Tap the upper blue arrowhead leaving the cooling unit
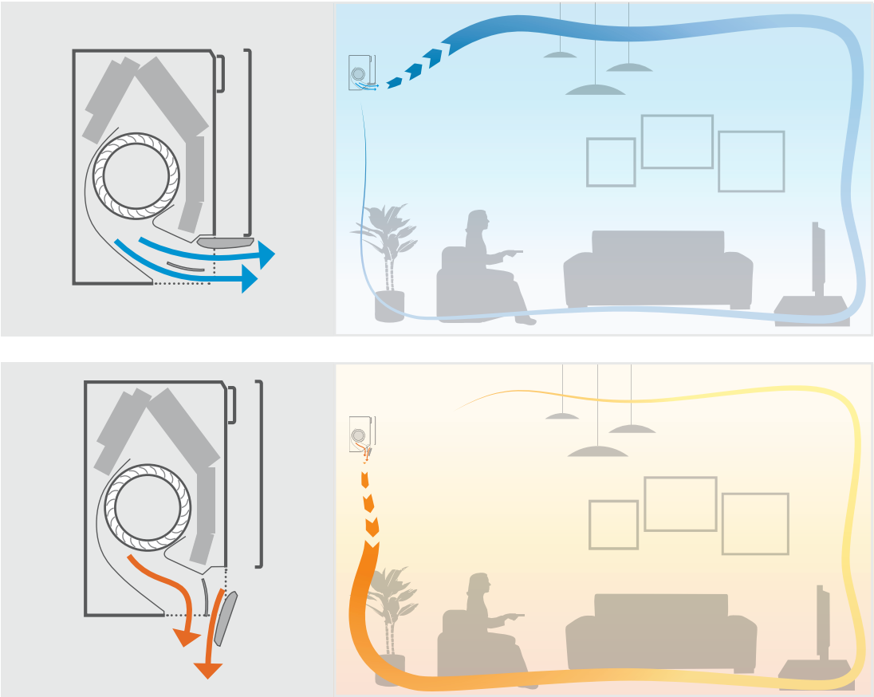(x=266, y=255)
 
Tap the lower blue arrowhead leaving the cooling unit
(x=249, y=279)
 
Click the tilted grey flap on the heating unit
(x=226, y=617)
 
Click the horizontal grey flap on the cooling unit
(x=225, y=242)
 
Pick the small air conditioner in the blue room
(x=363, y=73)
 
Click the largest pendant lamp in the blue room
(x=596, y=89)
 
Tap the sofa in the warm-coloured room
(x=660, y=632)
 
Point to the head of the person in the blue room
(x=477, y=221)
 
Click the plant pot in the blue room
(x=390, y=306)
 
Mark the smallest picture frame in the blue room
(x=611, y=163)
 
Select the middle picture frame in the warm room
(x=679, y=504)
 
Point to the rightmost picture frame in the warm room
(x=754, y=524)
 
